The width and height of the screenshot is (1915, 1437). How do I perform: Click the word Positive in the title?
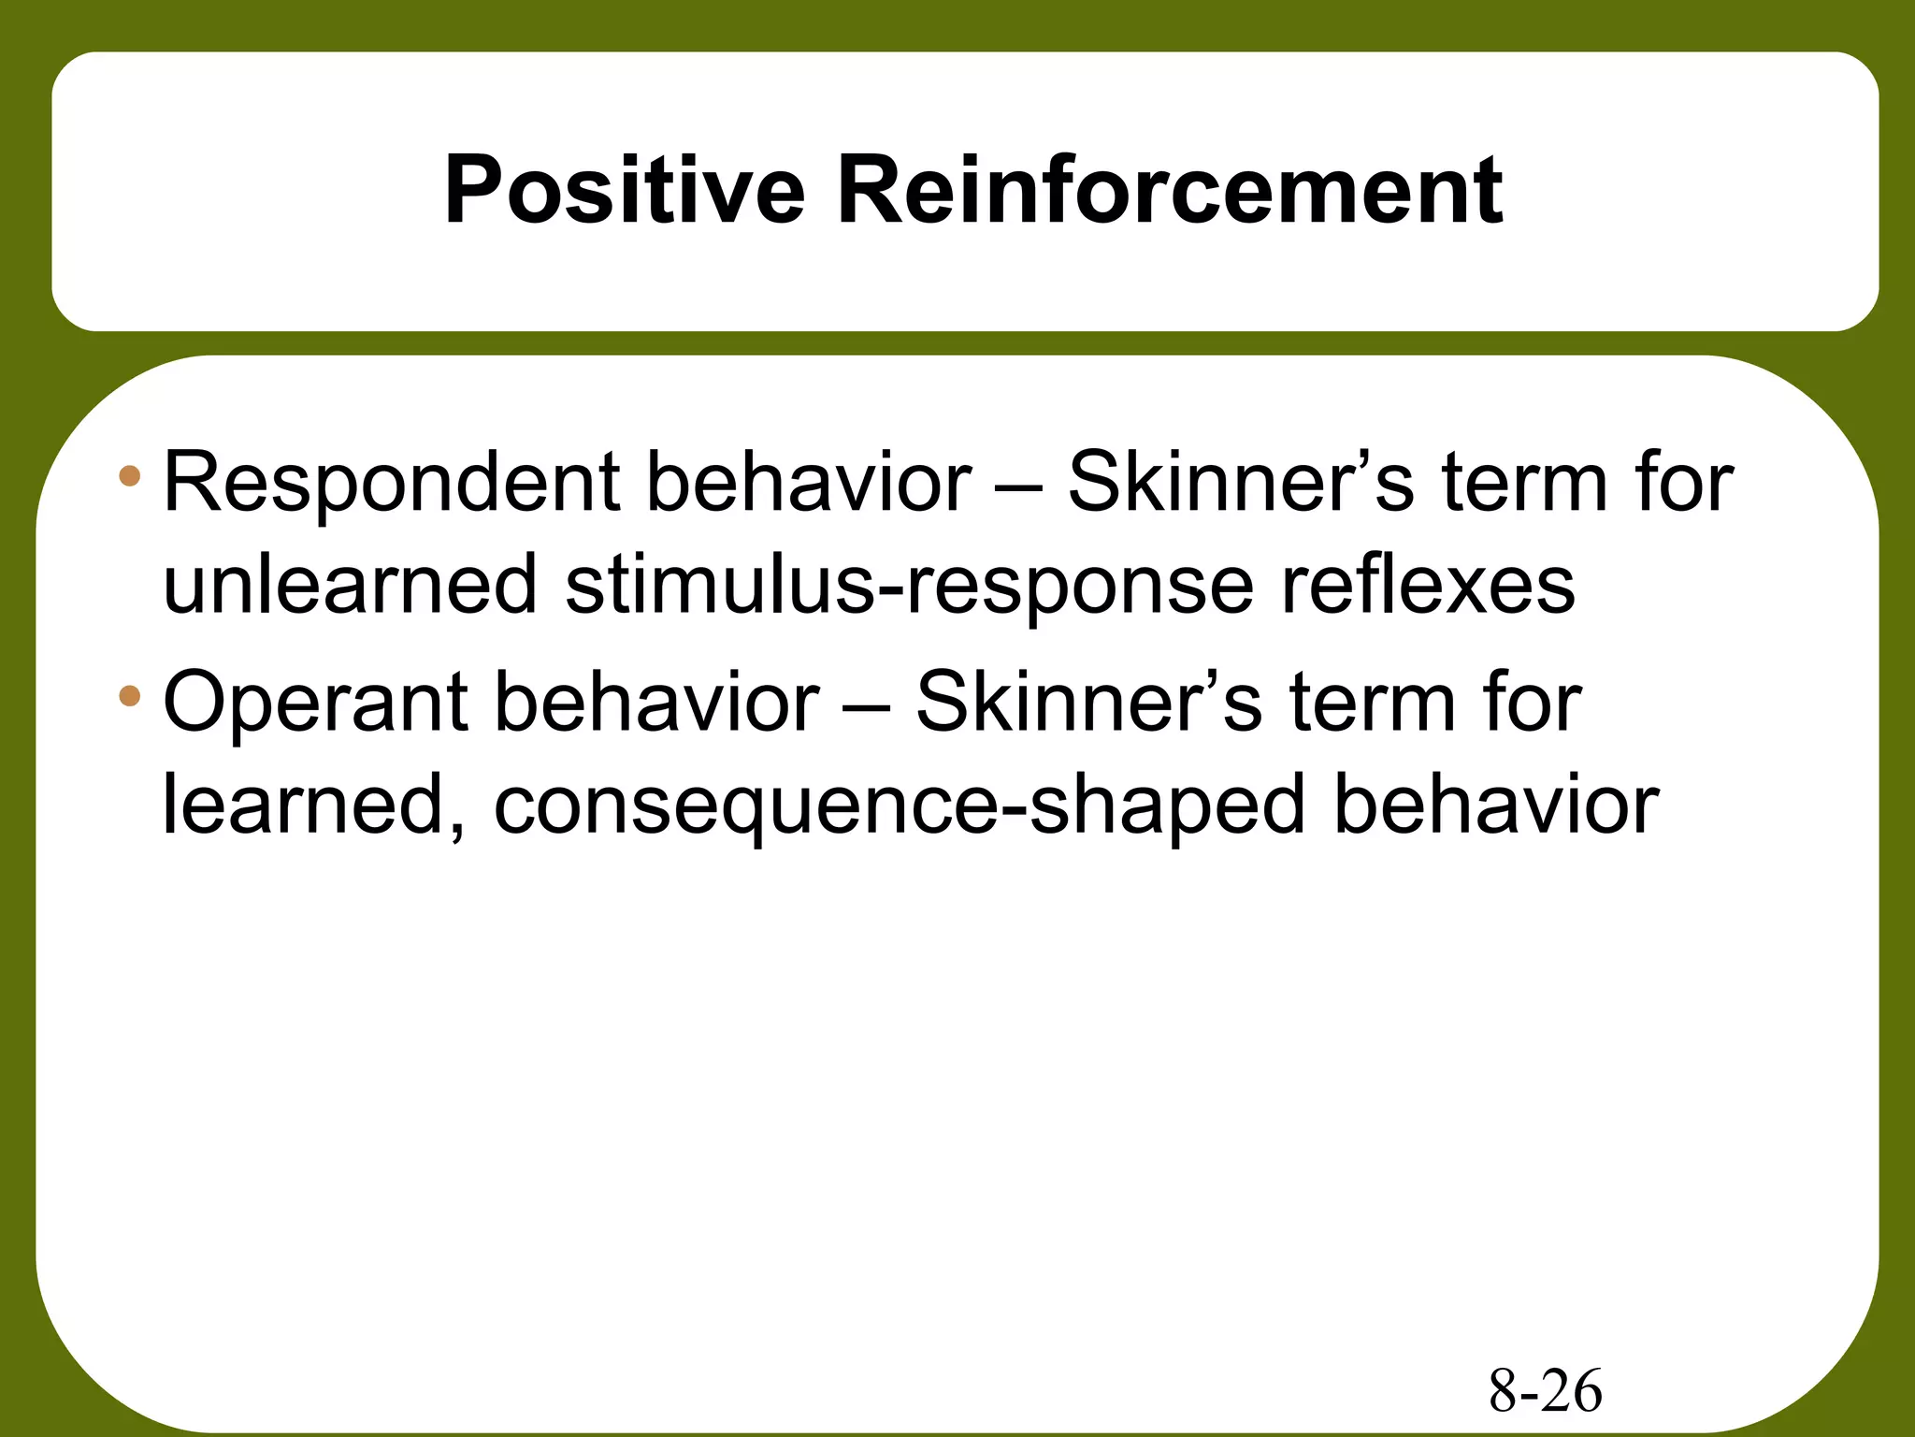pyautogui.click(x=624, y=191)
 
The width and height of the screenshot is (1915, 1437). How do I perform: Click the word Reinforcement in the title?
pyautogui.click(x=1169, y=191)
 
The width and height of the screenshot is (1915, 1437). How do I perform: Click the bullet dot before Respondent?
pyautogui.click(x=130, y=477)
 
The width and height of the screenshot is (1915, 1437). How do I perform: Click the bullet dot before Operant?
pyautogui.click(x=130, y=696)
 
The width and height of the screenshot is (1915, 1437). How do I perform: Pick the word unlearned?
pyautogui.click(x=350, y=585)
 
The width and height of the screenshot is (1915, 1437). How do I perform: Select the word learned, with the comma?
pyautogui.click(x=314, y=806)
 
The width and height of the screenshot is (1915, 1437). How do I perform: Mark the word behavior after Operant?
pyautogui.click(x=657, y=703)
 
